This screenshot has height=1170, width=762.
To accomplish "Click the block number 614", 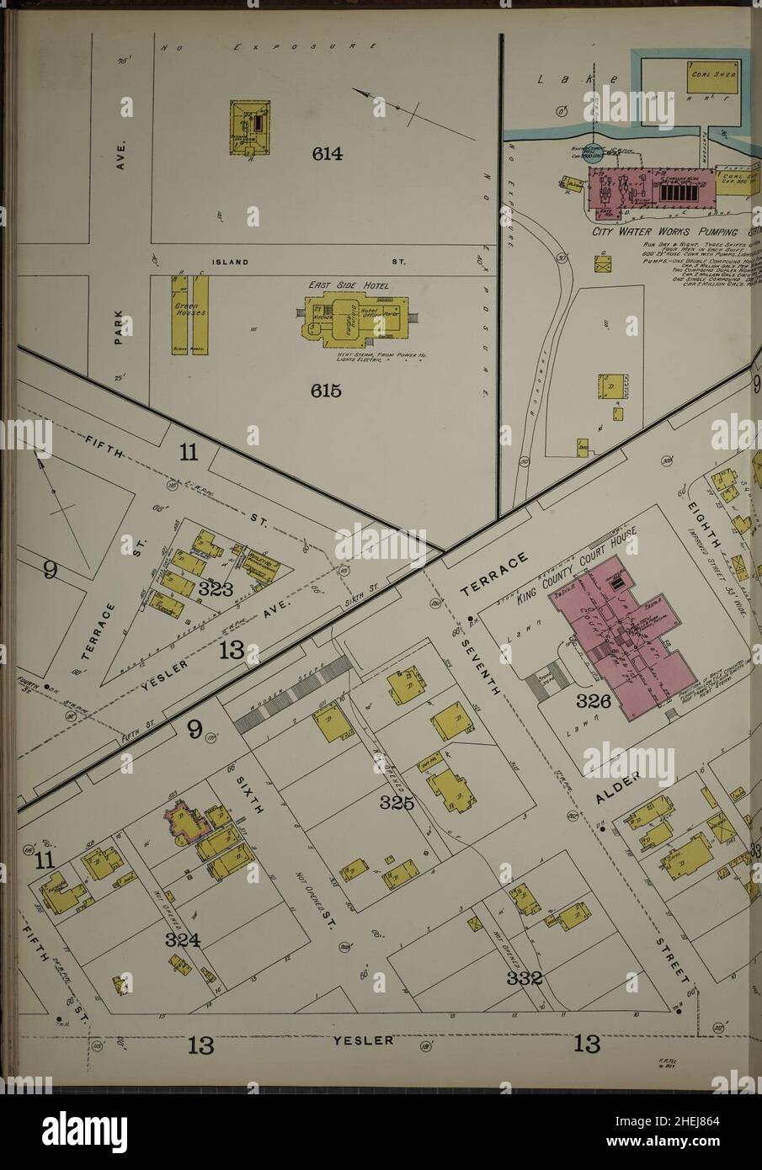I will [x=327, y=154].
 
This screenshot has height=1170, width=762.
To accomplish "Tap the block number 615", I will [x=325, y=391].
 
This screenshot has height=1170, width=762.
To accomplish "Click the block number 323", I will [x=216, y=589].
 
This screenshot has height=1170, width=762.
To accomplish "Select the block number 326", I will [x=594, y=700].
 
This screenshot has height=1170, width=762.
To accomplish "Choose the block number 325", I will [x=396, y=803].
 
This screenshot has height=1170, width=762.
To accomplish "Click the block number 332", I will [x=524, y=978].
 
